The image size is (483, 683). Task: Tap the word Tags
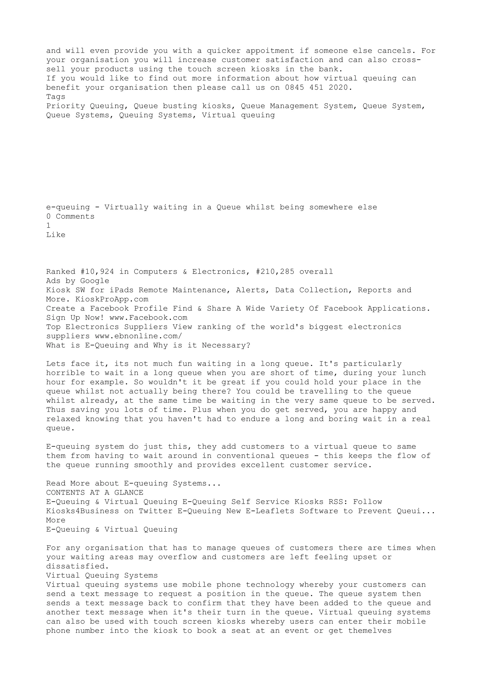tap(56, 97)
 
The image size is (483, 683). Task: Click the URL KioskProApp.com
tap(112, 299)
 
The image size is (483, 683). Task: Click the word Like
tap(56, 235)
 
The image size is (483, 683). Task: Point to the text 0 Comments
tap(70, 217)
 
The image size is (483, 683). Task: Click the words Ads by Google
tap(78, 281)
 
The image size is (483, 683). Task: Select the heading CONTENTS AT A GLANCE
tap(95, 493)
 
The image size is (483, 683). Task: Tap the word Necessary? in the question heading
tap(226, 345)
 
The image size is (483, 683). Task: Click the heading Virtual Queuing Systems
tap(102, 576)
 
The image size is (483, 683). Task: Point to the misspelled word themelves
tap(370, 631)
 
